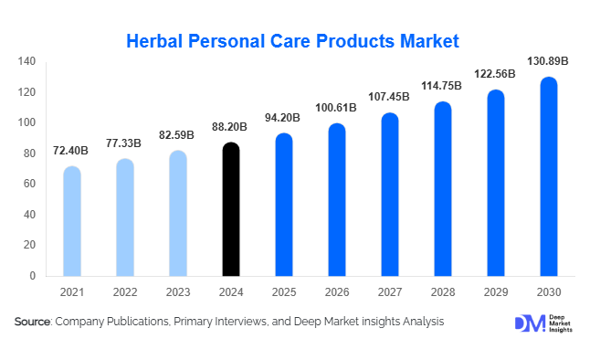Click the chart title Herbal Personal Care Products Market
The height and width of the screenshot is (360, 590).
point(291,41)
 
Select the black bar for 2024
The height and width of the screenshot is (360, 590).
point(231,210)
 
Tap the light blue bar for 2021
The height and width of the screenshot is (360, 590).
point(72,221)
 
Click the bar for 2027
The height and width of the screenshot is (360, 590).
point(390,195)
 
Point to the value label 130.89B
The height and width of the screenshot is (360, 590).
point(548,61)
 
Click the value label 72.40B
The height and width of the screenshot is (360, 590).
point(72,149)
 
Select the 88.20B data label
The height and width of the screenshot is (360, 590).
point(231,126)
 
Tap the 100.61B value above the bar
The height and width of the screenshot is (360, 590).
point(337,108)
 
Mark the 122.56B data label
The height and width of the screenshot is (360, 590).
point(495,74)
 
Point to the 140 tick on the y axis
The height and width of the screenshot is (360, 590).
point(26,61)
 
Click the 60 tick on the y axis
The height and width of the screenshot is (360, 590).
point(29,184)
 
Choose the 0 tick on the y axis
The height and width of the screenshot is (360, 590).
point(32,275)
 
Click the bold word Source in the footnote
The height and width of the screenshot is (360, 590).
point(33,322)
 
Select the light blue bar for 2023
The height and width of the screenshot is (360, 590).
point(178,213)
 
